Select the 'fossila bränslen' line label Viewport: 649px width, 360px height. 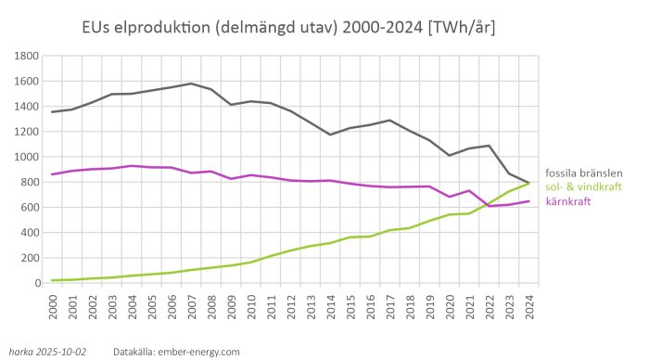(583, 173)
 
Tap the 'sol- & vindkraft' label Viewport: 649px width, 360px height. (580, 186)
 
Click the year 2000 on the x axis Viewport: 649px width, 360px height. (53, 302)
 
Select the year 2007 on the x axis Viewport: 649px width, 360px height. (192, 302)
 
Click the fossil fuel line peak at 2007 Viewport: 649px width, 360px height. (191, 84)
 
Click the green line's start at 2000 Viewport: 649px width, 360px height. (53, 280)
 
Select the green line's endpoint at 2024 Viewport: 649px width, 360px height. (528, 184)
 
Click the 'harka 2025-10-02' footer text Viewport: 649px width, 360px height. (48, 352)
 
